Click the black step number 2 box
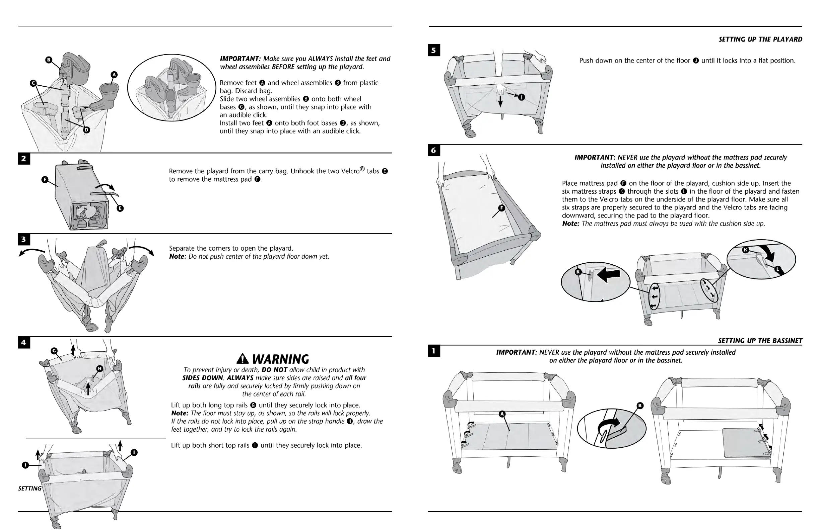pos(24,159)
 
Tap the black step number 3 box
pos(24,240)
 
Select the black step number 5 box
pos(434,50)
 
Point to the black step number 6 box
pos(434,150)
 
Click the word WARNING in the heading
pos(280,360)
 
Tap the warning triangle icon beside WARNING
pos(243,359)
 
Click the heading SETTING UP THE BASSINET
pos(760,341)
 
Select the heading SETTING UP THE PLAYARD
pos(760,39)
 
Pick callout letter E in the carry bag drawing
pos(120,208)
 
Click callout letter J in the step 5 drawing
pos(522,97)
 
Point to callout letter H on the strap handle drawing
pos(99,369)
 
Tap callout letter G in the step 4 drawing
pos(54,351)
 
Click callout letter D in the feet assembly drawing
pos(86,130)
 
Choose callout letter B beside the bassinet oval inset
pos(640,406)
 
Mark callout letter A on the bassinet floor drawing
pos(502,414)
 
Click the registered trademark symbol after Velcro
pos(362,169)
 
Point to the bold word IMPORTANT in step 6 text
pos(594,158)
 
